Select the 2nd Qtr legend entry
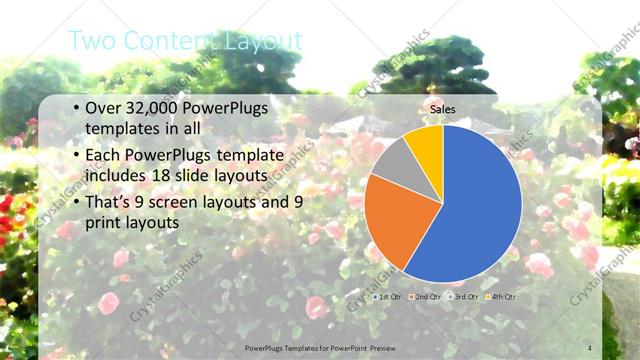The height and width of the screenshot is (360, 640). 426,297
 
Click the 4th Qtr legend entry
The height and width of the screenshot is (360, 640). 500,297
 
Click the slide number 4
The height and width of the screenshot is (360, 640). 589,347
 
